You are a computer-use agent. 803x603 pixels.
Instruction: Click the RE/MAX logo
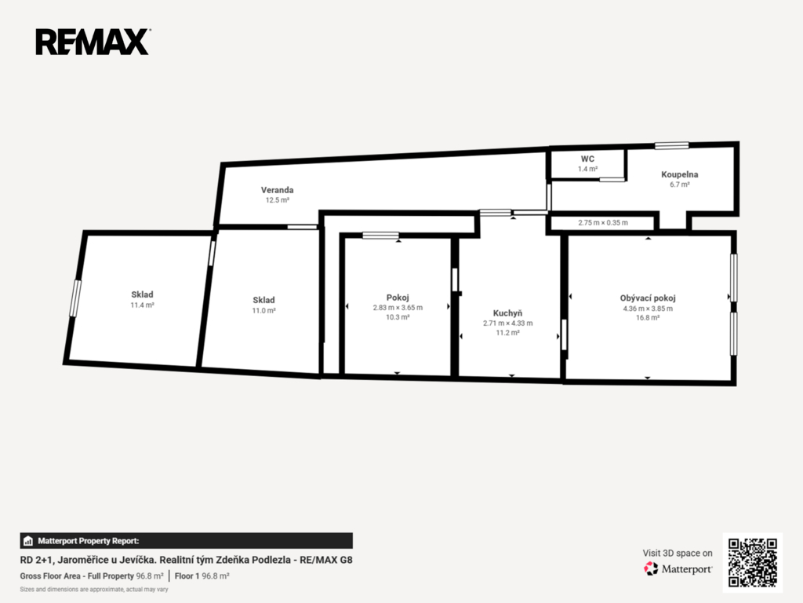point(93,42)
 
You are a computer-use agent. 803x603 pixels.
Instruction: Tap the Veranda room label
point(277,190)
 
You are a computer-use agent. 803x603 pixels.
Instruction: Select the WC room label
point(587,159)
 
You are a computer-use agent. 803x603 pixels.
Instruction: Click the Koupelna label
point(680,174)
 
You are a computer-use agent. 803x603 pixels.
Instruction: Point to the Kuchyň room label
point(507,313)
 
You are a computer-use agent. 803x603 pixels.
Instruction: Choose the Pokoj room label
point(398,298)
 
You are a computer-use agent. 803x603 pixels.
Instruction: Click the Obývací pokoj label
point(648,298)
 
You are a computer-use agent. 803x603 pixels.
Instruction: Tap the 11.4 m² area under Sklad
point(143,305)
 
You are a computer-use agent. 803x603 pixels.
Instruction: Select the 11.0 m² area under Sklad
point(263,311)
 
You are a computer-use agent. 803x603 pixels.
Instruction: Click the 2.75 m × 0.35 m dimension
point(603,222)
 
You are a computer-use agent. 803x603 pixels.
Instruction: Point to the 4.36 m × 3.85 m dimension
point(648,309)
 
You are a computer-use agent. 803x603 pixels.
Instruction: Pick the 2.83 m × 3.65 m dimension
point(398,308)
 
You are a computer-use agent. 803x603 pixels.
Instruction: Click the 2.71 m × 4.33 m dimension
point(507,323)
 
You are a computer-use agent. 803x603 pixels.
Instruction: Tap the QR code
point(752,562)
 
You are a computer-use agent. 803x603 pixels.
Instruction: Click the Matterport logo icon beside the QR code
point(651,568)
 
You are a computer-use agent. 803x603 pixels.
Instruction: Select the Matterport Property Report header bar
point(187,541)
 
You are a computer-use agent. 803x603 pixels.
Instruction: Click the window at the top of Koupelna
point(671,145)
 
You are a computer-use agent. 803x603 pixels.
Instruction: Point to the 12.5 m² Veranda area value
point(277,200)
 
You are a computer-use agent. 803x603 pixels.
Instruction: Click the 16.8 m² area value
point(648,318)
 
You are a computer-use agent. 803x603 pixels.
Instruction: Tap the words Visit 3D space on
point(678,554)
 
